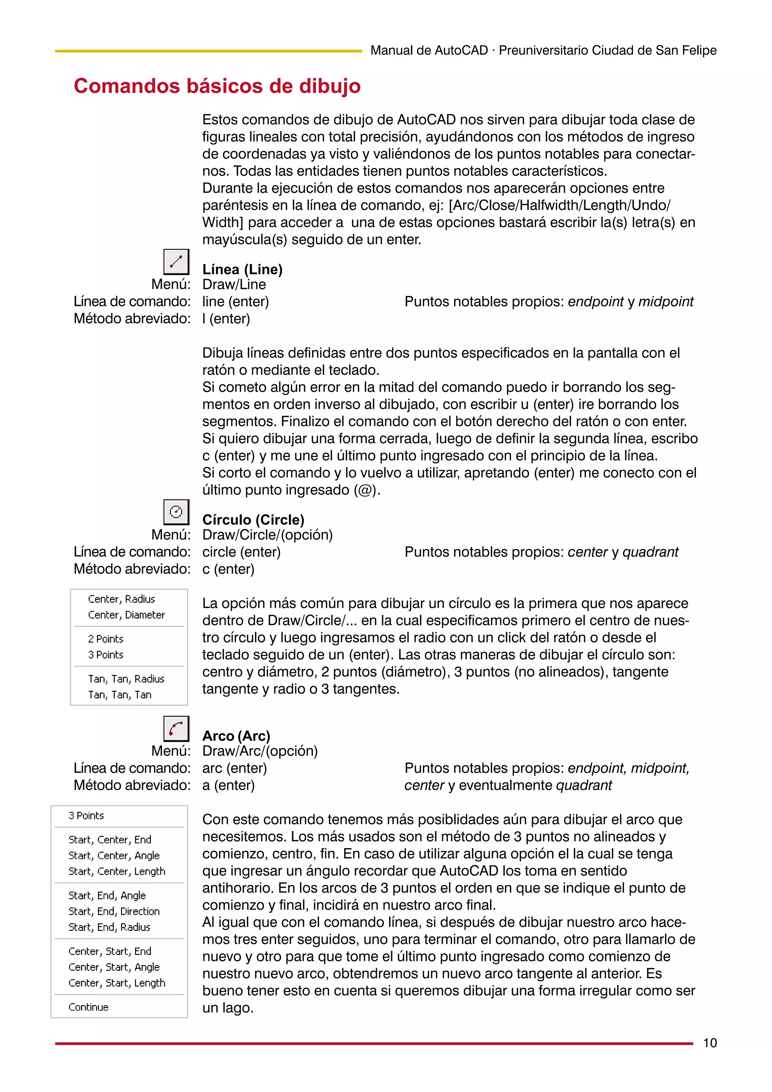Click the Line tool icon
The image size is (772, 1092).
[176, 262]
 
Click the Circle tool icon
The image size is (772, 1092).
[176, 512]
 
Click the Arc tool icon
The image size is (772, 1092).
[176, 728]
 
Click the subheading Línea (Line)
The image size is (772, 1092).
[242, 269]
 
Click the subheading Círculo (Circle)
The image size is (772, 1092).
[253, 519]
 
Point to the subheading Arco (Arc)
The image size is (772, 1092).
[236, 736]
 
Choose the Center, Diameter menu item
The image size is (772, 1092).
[126, 615]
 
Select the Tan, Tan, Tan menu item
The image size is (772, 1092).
[119, 695]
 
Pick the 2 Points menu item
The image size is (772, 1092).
[106, 639]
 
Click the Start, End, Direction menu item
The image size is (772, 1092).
[114, 911]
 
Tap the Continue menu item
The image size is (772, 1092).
[89, 1007]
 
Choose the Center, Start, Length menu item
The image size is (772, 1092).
[116, 983]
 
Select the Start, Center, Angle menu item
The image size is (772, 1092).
[114, 856]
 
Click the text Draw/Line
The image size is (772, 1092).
[234, 284]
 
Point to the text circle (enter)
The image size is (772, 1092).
[241, 552]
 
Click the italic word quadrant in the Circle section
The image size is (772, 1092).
[650, 552]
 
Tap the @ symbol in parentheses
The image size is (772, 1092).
[365, 490]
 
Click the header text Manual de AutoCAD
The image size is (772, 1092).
[429, 50]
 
